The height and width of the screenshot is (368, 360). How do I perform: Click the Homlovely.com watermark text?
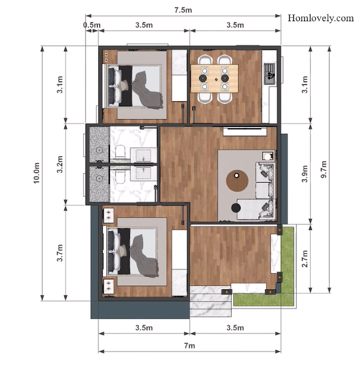point(320,18)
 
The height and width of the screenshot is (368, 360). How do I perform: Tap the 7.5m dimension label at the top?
point(183,10)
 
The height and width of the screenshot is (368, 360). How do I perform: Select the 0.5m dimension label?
point(92,25)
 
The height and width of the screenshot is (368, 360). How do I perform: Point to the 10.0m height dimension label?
point(37,172)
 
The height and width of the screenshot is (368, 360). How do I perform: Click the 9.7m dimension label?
point(324,169)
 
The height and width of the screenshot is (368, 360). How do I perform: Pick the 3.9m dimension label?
point(305,174)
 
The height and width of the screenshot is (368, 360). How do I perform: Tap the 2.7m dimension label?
point(305,258)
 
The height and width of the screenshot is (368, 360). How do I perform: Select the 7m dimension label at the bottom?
point(189,346)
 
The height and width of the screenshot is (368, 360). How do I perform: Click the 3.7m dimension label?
point(60,253)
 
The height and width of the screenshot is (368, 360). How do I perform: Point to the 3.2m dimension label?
point(60,164)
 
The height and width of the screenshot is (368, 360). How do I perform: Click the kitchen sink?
point(269,74)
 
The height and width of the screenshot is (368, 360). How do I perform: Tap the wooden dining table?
point(215,78)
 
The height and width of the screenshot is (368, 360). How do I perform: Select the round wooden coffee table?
point(237,181)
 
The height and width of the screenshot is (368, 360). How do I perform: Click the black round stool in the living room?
point(236,208)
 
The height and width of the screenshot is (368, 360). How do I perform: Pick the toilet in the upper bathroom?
point(120,152)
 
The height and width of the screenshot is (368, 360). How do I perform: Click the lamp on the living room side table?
point(267,156)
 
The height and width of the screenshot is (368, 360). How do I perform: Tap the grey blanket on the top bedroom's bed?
point(147,91)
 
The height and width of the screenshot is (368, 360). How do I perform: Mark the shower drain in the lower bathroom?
point(99,179)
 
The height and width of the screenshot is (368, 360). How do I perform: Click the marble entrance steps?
point(210,301)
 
